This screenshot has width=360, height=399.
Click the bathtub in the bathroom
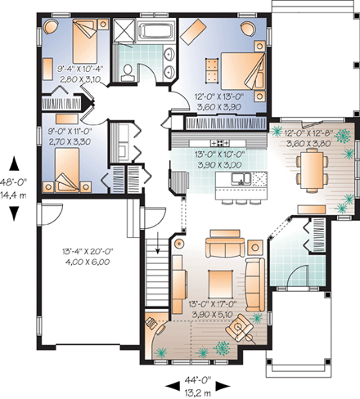155,32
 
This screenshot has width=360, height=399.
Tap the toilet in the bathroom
127,73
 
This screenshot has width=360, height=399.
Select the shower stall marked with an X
127,33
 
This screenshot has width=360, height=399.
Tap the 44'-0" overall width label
184,379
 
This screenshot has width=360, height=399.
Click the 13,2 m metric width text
184,391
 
